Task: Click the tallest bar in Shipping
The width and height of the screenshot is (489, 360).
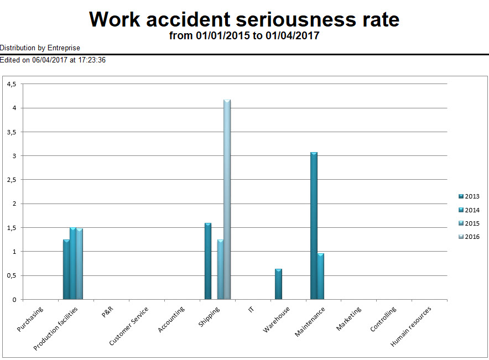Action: tap(227, 199)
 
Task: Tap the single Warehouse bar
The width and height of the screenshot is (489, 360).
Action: tap(278, 284)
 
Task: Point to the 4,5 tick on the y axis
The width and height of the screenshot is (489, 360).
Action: tap(12, 84)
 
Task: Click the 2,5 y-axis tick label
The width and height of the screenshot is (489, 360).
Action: tap(12, 180)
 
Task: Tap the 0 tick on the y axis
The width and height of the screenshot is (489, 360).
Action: tap(14, 300)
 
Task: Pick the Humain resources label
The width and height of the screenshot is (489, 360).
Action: tap(411, 327)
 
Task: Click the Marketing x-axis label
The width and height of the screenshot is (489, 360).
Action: tap(349, 319)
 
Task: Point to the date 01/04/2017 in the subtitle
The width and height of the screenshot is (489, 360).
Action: tap(292, 36)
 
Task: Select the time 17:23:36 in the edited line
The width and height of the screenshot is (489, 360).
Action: tap(89, 60)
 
